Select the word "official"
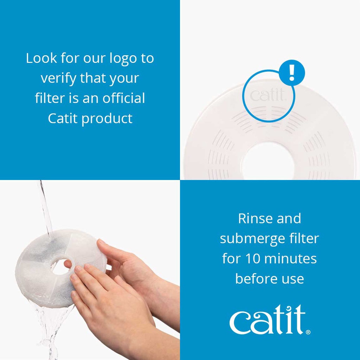click(123, 98)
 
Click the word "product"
click(107, 119)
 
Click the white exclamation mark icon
click(292, 73)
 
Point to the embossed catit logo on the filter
click(268, 95)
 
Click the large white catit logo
click(268, 320)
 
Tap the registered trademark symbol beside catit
click(308, 332)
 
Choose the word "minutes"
click(290, 259)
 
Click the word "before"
click(252, 279)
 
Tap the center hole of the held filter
click(60, 267)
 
